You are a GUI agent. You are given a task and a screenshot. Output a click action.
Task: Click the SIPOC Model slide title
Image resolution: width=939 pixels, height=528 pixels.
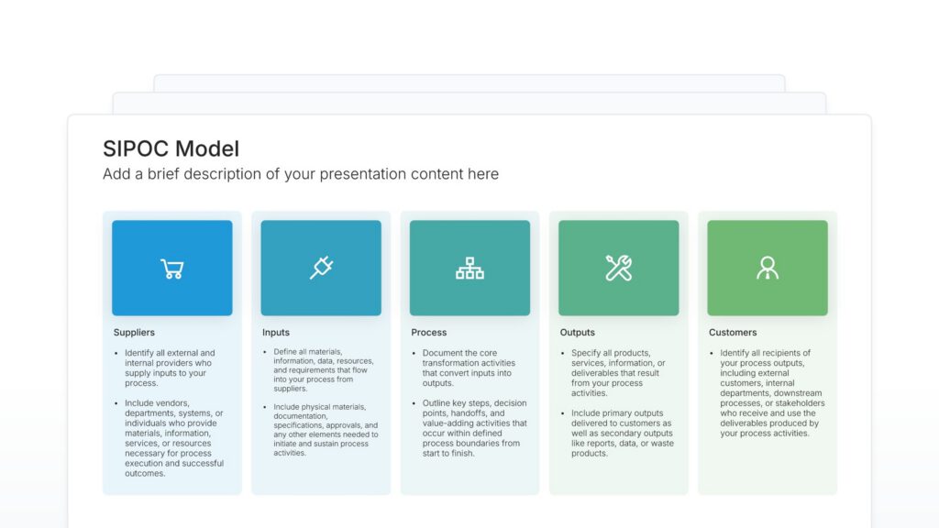pyautogui.click(x=171, y=148)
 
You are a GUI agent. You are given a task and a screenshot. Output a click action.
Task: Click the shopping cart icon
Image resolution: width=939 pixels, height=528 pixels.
pyautogui.click(x=171, y=269)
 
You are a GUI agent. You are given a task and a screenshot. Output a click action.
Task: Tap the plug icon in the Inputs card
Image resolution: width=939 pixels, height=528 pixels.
pyautogui.click(x=321, y=268)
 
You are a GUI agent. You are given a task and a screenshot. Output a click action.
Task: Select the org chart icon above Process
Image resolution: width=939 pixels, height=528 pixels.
pyautogui.click(x=469, y=269)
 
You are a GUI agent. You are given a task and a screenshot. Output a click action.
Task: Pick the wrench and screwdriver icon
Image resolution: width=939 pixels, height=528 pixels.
pyautogui.click(x=618, y=268)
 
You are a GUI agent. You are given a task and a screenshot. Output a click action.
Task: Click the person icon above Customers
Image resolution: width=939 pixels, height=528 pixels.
pyautogui.click(x=768, y=268)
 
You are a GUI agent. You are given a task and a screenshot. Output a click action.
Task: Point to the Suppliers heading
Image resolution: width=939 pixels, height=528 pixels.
pyautogui.click(x=134, y=333)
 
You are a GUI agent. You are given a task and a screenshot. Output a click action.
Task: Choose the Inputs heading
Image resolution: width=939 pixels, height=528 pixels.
pyautogui.click(x=276, y=333)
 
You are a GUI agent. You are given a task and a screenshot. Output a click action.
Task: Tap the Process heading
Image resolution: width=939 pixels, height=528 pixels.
pyautogui.click(x=429, y=333)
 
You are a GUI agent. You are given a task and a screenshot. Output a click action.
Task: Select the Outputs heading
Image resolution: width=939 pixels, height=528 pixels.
pyautogui.click(x=578, y=333)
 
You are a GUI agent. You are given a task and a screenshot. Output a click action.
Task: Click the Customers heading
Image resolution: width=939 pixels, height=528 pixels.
pyautogui.click(x=733, y=333)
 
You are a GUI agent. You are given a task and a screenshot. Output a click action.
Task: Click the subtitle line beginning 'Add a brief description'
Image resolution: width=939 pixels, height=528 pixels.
pyautogui.click(x=301, y=174)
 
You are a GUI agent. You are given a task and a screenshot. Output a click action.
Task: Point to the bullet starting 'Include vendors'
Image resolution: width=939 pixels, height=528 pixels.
pyautogui.click(x=171, y=438)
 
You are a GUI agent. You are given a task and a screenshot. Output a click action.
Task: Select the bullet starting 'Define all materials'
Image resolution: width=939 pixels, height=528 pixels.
pyautogui.click(x=320, y=370)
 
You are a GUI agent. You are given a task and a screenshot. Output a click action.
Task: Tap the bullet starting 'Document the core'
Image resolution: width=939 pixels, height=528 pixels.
pyautogui.click(x=469, y=368)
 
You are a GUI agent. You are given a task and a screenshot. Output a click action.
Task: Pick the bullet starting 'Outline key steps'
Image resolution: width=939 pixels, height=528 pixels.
pyautogui.click(x=474, y=428)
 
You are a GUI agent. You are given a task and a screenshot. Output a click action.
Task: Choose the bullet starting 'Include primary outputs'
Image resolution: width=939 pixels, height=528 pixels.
pyautogui.click(x=622, y=433)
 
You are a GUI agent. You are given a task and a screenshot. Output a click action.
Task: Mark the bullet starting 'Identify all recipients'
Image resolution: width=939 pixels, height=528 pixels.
pyautogui.click(x=771, y=393)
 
